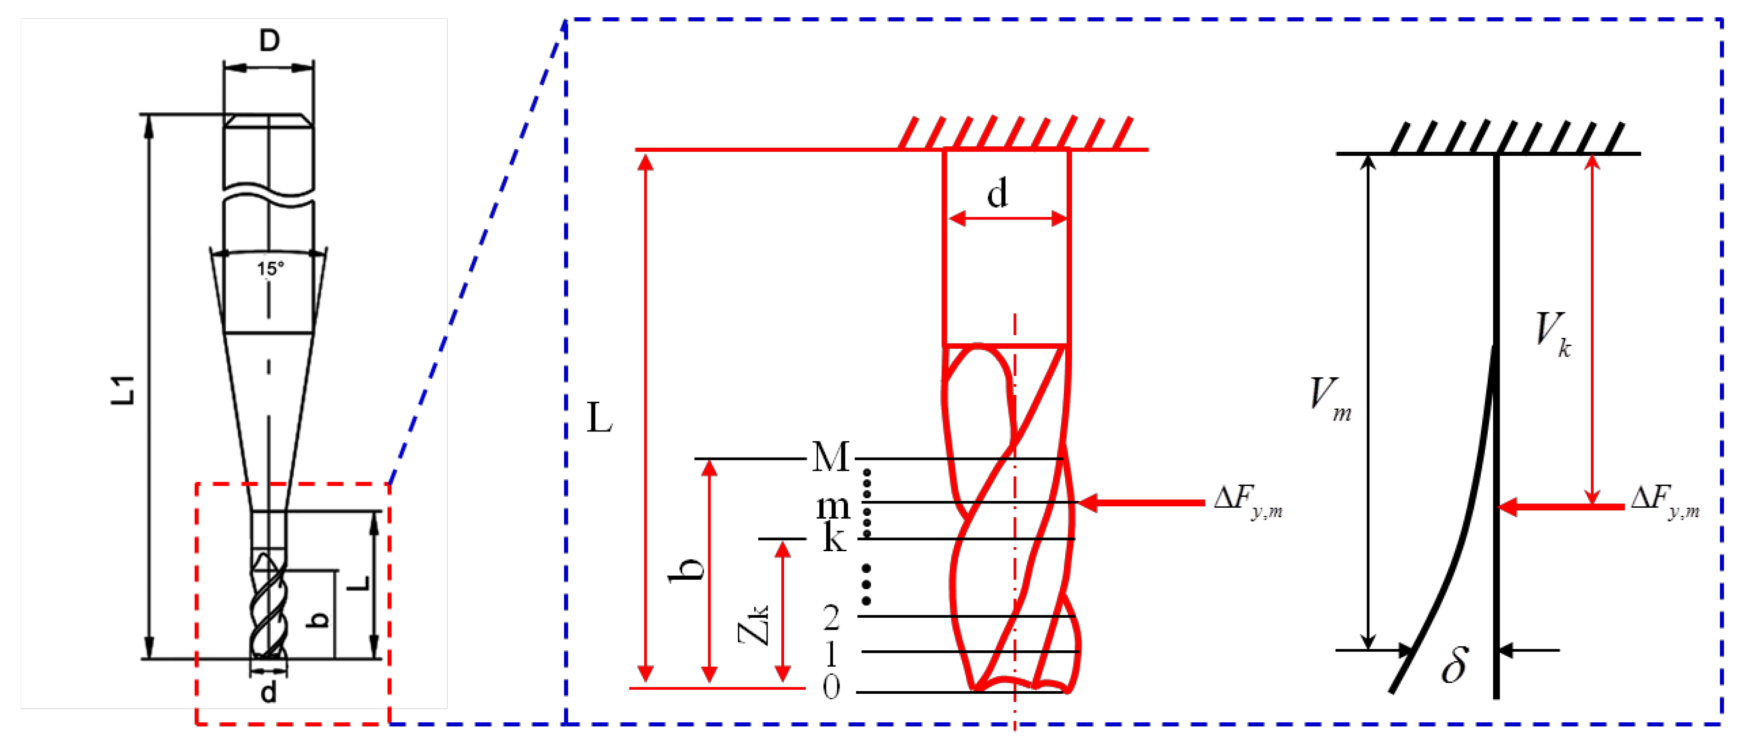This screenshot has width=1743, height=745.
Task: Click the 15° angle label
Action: pyautogui.click(x=270, y=269)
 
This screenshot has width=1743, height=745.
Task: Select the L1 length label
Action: pyautogui.click(x=124, y=390)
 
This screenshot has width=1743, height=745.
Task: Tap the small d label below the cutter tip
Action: pyautogui.click(x=269, y=693)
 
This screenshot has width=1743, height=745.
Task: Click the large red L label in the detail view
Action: pyautogui.click(x=599, y=418)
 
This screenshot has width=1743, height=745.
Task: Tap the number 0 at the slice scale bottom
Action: pyautogui.click(x=831, y=687)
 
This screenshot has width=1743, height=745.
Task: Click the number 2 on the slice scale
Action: pyautogui.click(x=831, y=617)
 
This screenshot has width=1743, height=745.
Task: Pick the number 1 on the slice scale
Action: pyautogui.click(x=831, y=654)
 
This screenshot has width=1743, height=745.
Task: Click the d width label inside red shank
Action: pyautogui.click(x=997, y=194)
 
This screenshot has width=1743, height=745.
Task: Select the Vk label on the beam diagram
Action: pyautogui.click(x=1552, y=334)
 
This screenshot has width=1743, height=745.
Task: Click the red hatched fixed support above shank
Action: pyautogui.click(x=1015, y=133)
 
